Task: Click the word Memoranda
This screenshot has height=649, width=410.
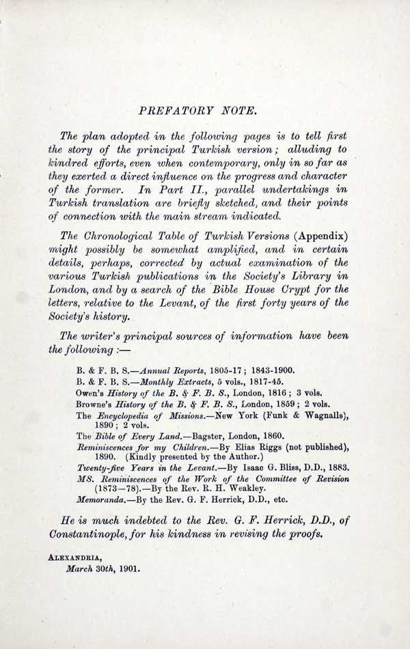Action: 101,499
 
